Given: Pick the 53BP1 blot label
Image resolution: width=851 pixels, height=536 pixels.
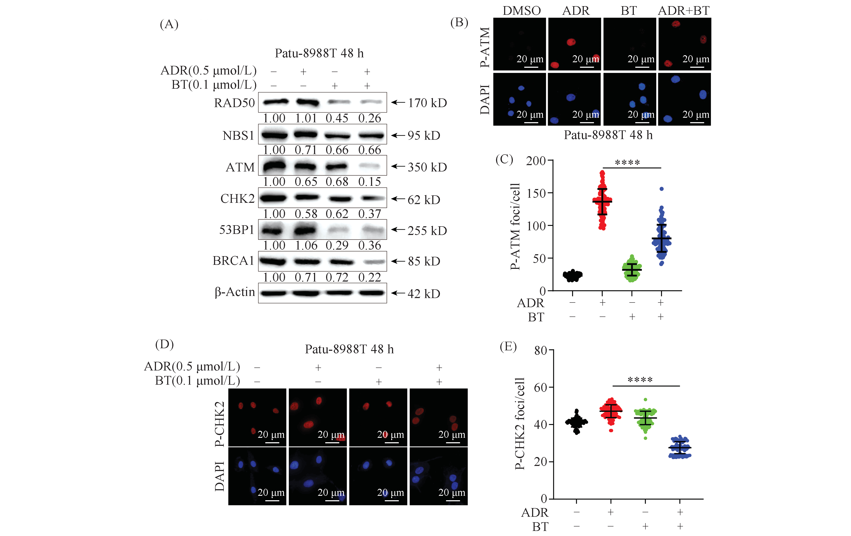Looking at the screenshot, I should [236, 230].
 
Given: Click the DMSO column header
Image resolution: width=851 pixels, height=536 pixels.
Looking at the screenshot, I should [522, 11].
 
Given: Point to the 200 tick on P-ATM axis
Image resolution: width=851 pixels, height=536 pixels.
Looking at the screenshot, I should [536, 161].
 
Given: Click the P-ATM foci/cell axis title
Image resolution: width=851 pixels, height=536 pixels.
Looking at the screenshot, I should [516, 227].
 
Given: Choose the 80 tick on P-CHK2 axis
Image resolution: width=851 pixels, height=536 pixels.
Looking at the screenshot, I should [541, 351].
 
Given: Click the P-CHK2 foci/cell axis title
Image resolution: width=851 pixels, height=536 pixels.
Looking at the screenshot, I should [520, 424].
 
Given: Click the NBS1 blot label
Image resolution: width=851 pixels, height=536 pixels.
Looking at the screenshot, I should [238, 135].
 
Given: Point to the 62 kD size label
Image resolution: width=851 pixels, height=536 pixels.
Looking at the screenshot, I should [424, 200].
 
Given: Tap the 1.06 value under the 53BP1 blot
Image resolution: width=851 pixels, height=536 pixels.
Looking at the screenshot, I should [306, 245].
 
